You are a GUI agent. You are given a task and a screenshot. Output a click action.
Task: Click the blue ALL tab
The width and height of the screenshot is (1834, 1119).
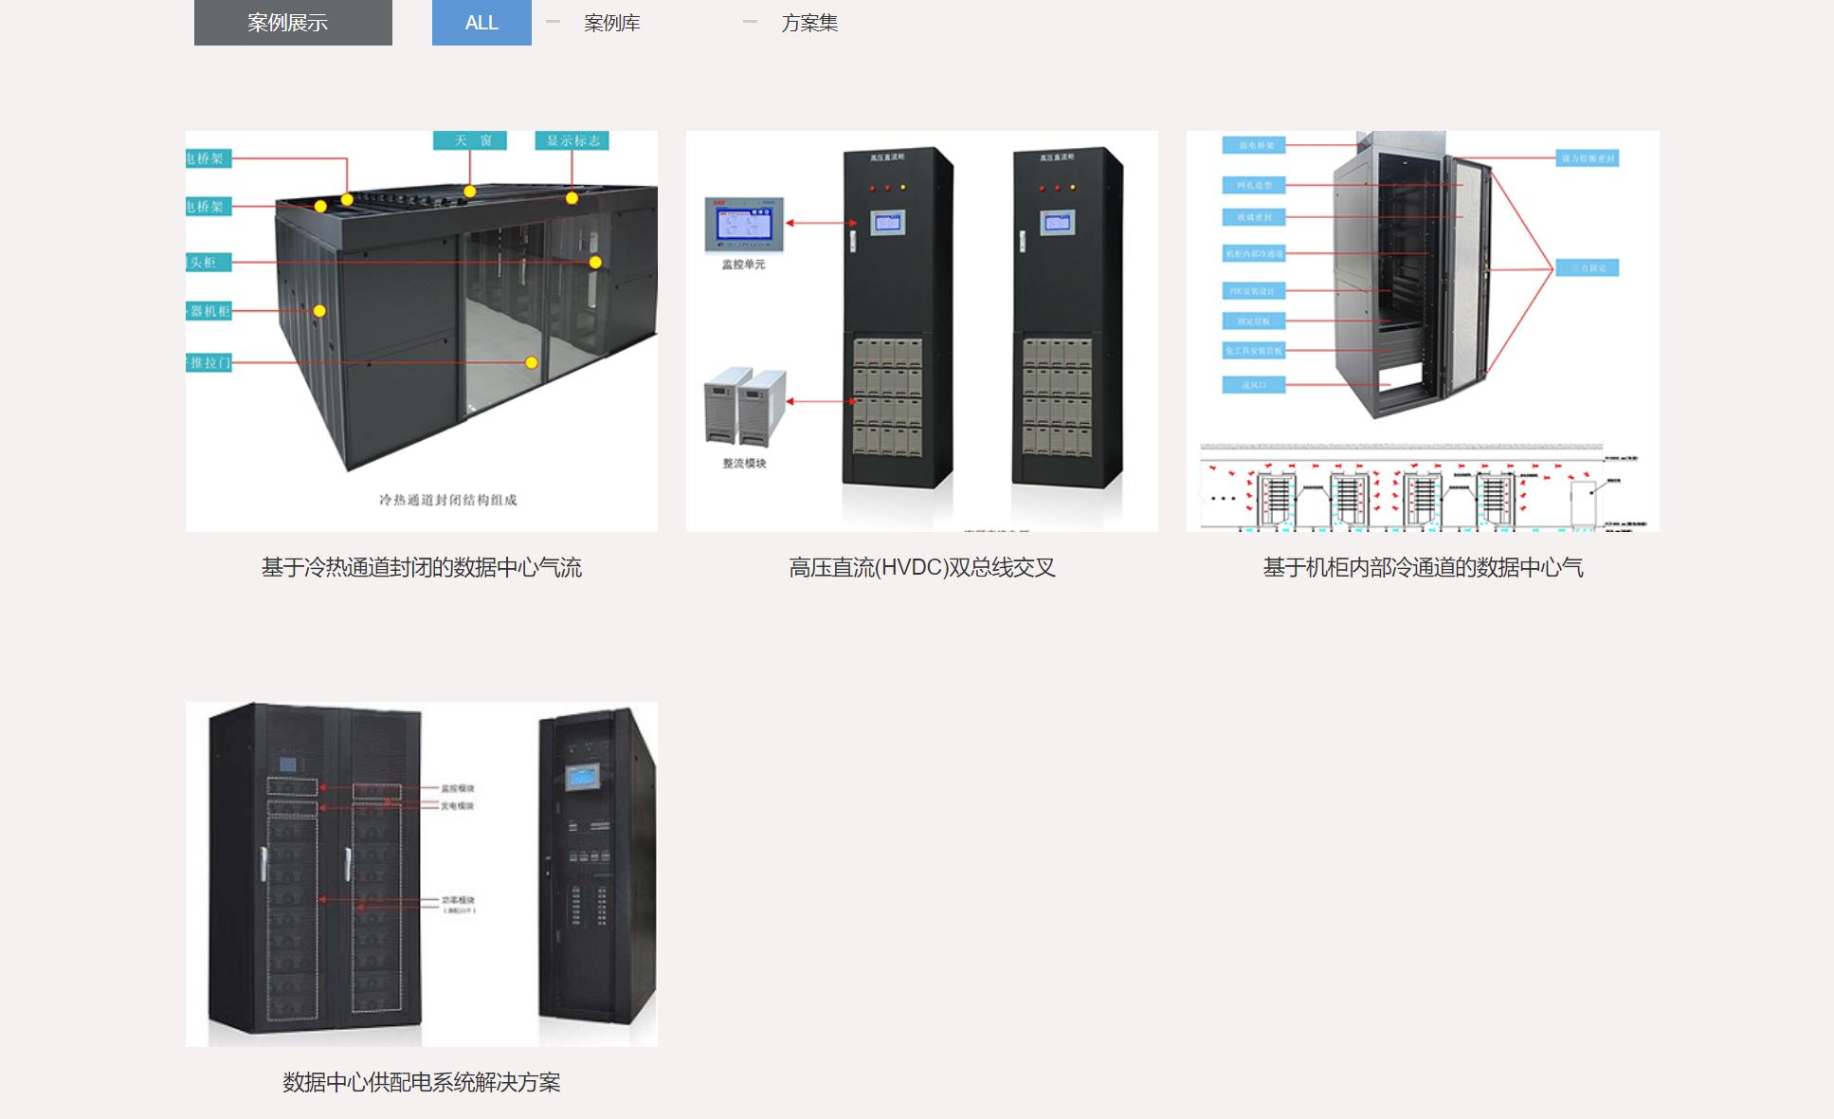point(481,23)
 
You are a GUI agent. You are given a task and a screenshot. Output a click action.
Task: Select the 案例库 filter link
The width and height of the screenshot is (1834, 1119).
point(611,23)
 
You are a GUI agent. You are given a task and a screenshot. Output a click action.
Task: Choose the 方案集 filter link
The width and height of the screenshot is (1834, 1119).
point(809,23)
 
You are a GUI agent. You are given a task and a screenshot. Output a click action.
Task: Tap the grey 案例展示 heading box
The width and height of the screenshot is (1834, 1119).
point(293,23)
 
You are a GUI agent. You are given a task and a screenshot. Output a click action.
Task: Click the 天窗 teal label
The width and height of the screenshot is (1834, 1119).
point(470,140)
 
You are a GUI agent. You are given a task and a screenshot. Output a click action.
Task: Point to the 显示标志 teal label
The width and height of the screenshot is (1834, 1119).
point(572,140)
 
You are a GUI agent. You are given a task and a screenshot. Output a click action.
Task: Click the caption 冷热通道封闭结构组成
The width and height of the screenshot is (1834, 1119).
point(447,500)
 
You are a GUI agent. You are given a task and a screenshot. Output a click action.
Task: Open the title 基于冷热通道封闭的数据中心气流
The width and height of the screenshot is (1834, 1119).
point(421,567)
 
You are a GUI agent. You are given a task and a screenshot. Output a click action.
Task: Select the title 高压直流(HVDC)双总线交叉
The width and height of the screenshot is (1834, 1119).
point(921,567)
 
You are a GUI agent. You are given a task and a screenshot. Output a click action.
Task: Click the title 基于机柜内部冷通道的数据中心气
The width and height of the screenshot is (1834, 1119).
point(1423,567)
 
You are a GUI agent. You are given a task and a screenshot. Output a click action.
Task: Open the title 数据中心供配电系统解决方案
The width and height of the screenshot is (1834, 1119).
point(421,1082)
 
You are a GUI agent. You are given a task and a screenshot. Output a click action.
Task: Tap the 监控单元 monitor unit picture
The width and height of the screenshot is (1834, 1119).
point(744,225)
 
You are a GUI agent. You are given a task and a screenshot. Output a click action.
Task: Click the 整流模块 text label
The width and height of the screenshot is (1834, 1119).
point(744,464)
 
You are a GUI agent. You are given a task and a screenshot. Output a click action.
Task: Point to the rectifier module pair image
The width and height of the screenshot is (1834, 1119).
point(745,406)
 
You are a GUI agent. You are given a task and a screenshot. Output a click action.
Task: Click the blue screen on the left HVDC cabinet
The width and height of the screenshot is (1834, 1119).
point(888,224)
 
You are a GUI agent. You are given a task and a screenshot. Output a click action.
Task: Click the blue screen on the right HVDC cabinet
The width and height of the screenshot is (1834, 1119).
point(1057,224)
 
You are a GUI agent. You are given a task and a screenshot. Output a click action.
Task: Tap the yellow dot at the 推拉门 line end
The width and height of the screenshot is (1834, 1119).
point(532,362)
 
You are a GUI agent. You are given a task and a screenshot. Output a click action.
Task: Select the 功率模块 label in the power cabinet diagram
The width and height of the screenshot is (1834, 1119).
point(458,900)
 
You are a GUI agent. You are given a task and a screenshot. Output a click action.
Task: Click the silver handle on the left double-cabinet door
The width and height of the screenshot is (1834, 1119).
point(263,864)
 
